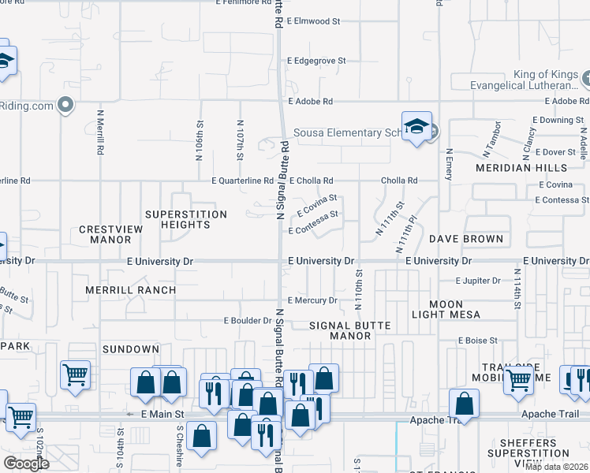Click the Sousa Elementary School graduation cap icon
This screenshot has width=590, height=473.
(416, 127)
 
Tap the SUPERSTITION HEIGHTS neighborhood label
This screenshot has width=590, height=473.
(186, 219)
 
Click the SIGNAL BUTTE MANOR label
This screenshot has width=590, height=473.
(340, 330)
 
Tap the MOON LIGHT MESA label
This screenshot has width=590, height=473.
(446, 309)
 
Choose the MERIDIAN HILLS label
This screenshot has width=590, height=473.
(521, 168)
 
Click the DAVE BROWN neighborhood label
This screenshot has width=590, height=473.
(466, 239)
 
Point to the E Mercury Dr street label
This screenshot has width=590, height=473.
(312, 300)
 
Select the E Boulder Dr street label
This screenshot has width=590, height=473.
(248, 321)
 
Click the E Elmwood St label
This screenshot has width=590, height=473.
(314, 21)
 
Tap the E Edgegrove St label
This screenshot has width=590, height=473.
(317, 60)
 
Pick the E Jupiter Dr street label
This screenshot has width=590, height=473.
(478, 280)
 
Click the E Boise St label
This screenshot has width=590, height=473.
(478, 340)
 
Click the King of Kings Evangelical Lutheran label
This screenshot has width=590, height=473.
(513, 80)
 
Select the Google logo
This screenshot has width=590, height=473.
(26, 463)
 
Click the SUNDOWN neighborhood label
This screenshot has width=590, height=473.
(130, 348)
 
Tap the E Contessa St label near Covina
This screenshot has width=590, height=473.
(313, 230)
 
